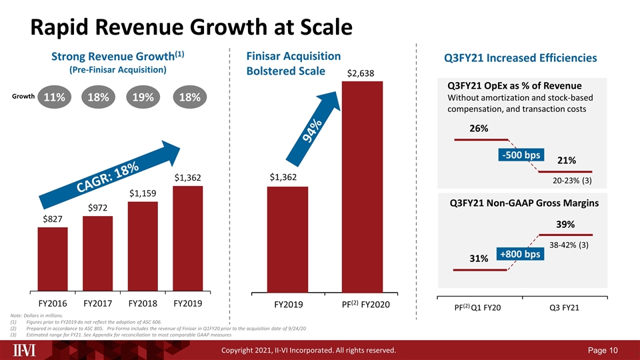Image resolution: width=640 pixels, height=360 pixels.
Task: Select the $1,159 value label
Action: pos(143,193)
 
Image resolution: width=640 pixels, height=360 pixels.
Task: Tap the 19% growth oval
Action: pos(144,97)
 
